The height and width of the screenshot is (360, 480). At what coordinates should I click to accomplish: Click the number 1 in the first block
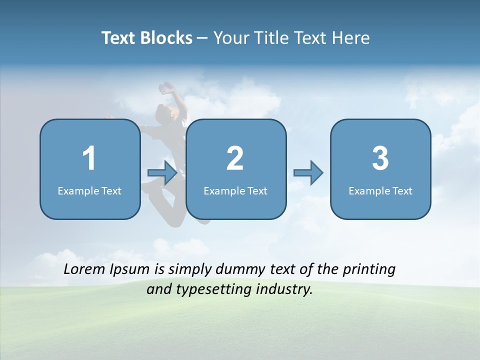tap(89, 158)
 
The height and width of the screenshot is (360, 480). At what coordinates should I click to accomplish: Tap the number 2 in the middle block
tap(235, 158)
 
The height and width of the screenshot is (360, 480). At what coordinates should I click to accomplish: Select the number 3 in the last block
tap(380, 158)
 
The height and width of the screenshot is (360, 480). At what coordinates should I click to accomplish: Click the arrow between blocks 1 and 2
tap(162, 173)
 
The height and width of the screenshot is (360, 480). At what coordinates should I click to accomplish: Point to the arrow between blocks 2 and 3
tap(308, 173)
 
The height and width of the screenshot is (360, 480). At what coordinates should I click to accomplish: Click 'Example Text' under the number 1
tap(89, 191)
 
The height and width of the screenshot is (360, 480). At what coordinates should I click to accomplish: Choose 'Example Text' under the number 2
tap(235, 191)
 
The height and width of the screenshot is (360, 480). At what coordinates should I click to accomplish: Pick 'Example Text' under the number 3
tap(380, 191)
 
